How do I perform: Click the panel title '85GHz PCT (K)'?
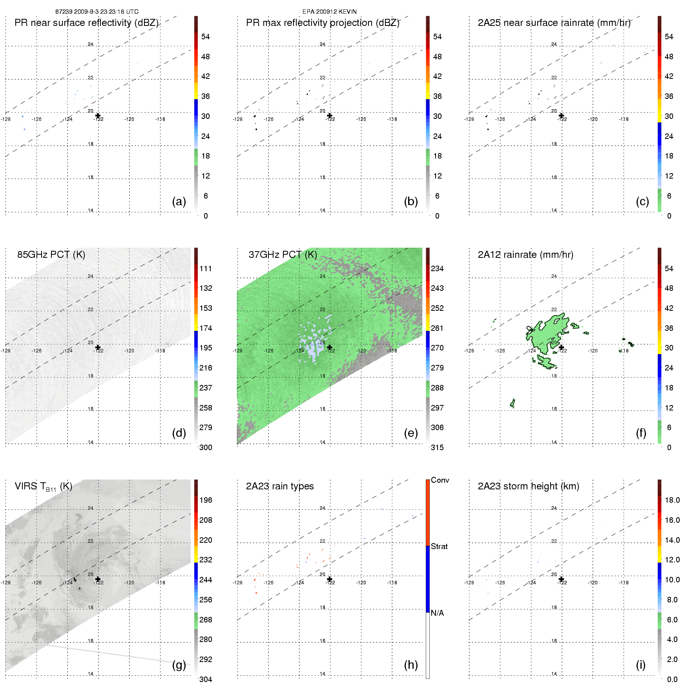[51, 255]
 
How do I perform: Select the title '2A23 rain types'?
[279, 486]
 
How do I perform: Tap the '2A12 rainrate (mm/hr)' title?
[525, 255]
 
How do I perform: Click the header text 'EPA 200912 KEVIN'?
[329, 12]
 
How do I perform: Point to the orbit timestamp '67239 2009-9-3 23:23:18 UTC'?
[97, 12]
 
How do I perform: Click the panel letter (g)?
[179, 665]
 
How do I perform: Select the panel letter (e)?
[410, 433]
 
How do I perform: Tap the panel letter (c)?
[642, 201]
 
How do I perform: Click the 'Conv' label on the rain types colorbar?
[440, 480]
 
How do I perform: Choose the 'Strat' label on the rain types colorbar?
[439, 546]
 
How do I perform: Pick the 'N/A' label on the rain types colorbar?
[437, 613]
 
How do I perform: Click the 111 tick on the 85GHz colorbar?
[206, 268]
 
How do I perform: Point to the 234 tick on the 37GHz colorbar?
[437, 268]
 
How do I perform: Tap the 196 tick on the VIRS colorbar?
[206, 500]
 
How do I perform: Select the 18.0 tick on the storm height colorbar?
[672, 500]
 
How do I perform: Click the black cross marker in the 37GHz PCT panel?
[330, 347]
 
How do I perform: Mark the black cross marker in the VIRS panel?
[98, 579]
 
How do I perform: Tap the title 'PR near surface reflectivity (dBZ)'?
[86, 23]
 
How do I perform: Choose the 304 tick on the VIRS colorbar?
[206, 679]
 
